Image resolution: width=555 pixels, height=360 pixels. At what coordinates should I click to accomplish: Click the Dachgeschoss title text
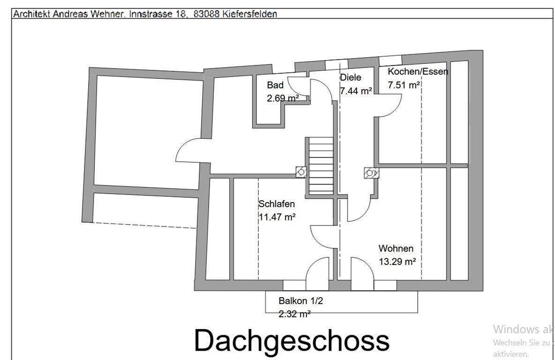pyautogui.click(x=291, y=341)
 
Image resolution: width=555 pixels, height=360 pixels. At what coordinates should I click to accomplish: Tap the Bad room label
pyautogui.click(x=275, y=85)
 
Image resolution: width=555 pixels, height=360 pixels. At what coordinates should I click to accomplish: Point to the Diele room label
pyautogui.click(x=350, y=78)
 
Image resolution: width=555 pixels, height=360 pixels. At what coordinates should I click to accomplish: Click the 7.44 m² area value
pyautogui.click(x=356, y=91)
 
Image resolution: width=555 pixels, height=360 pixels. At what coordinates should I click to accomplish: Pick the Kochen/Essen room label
pyautogui.click(x=418, y=72)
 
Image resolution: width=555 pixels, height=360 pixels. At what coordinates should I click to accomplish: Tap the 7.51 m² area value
pyautogui.click(x=404, y=85)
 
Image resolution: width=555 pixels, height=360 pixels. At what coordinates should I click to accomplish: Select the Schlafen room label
pyautogui.click(x=277, y=204)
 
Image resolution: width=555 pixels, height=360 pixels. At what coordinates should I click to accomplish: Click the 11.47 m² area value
pyautogui.click(x=277, y=217)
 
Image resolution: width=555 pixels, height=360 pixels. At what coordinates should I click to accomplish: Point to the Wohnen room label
pyautogui.click(x=396, y=248)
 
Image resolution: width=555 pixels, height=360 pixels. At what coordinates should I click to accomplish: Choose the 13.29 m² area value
pyautogui.click(x=397, y=262)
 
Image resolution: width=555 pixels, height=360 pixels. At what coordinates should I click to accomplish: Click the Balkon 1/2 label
pyautogui.click(x=300, y=301)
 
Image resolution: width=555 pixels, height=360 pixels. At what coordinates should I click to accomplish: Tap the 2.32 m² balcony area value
pyautogui.click(x=294, y=314)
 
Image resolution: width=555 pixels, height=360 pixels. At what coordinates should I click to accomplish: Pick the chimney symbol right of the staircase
pyautogui.click(x=371, y=173)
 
